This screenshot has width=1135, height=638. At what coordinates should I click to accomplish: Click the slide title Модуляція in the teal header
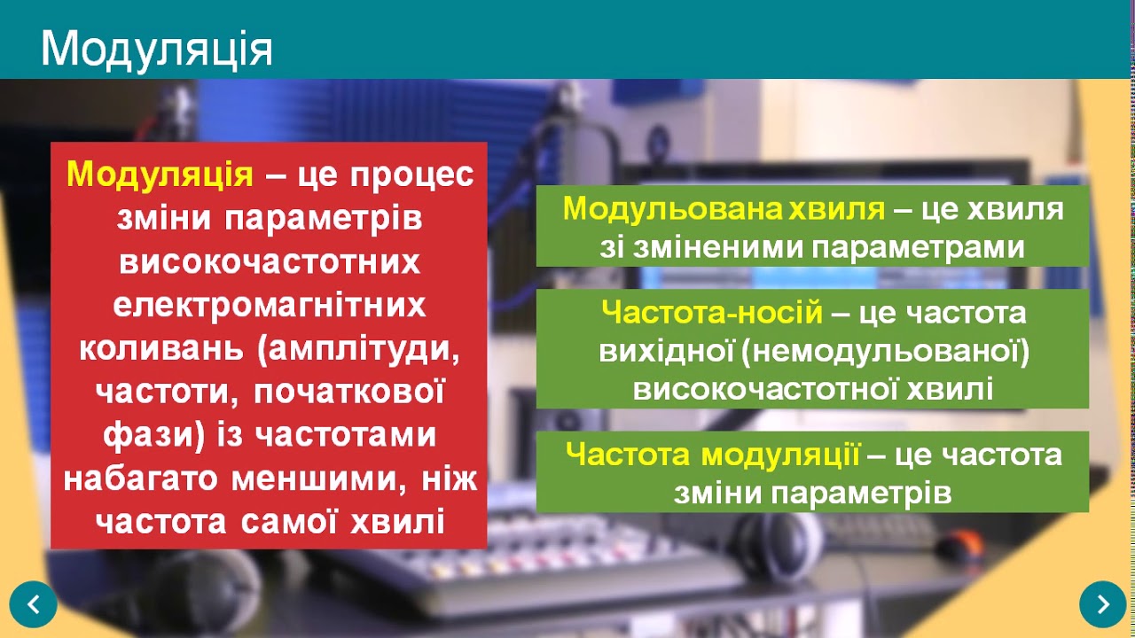pos(156,50)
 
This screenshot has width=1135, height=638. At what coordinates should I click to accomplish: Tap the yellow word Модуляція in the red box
pos(160,175)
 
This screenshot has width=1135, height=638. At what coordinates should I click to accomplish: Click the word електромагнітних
pos(270,306)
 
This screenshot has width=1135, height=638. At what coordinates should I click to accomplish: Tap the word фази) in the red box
pos(156,435)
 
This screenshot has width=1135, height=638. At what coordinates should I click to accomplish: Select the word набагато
pos(142,479)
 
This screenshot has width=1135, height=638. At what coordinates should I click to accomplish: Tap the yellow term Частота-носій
pos(712,313)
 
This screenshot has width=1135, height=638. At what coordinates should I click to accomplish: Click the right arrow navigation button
pos(1102,604)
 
